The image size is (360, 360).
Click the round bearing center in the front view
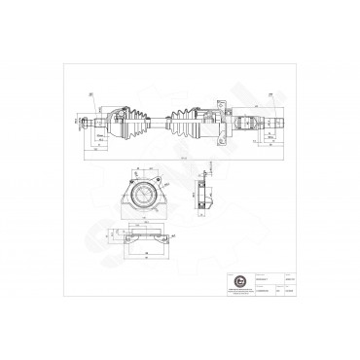(x=142, y=197)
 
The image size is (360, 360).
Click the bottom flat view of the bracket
(x=142, y=238)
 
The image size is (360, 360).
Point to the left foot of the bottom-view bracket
(x=116, y=242)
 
